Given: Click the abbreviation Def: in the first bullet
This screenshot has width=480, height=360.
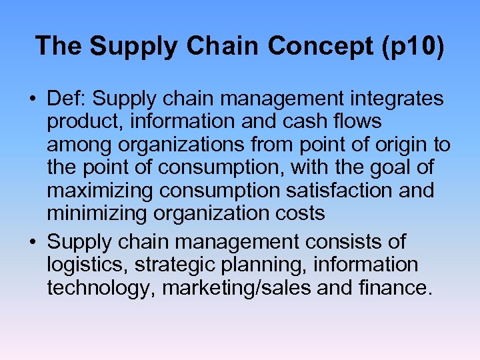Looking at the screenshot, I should [67, 99].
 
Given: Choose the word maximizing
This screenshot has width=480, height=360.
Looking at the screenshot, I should [101, 191].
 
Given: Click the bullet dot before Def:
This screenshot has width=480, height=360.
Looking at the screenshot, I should [32, 100].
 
